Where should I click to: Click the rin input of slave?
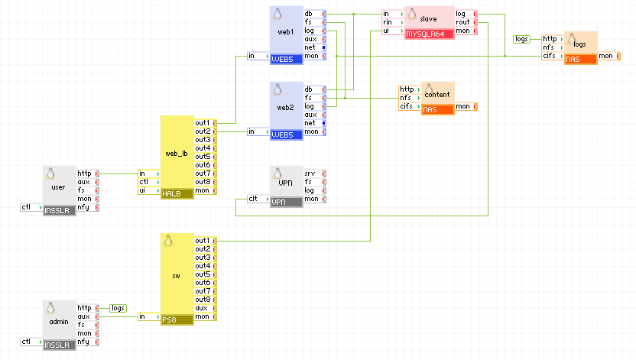coord(391,22)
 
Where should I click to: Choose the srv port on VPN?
coord(313,174)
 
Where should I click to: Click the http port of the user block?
coord(86,174)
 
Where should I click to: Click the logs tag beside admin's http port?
coord(118,308)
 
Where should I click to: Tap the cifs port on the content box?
coord(408,106)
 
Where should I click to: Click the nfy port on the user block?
coord(86,207)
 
